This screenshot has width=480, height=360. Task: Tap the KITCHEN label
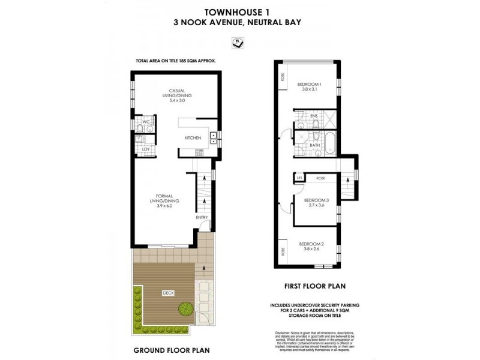(193, 138)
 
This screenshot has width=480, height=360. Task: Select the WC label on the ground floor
(146, 122)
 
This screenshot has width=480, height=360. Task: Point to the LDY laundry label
(146, 149)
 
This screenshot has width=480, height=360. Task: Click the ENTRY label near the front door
(202, 217)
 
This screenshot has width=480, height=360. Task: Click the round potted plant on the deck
(186, 308)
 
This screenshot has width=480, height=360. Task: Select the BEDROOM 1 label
(310, 84)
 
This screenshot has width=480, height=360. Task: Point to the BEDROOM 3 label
(316, 200)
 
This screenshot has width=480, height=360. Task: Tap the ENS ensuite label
(314, 115)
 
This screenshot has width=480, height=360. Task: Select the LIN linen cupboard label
(298, 178)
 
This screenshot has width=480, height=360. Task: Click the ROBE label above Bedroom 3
(320, 178)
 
